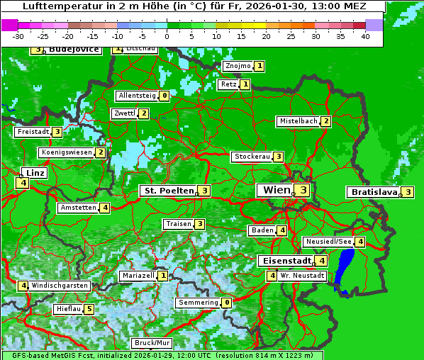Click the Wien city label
click(x=277, y=190)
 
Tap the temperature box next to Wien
click(x=303, y=190)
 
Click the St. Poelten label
click(x=168, y=191)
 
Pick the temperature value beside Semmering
click(x=226, y=303)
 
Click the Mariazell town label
click(x=138, y=275)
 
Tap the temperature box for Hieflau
click(x=89, y=309)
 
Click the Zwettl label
click(x=124, y=113)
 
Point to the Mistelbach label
click(x=298, y=121)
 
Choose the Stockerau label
click(x=252, y=157)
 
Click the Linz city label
click(x=34, y=173)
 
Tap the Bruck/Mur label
click(x=152, y=343)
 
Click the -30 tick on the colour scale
click(x=18, y=36)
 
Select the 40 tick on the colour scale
click(x=365, y=36)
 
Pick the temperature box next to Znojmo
click(x=260, y=66)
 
